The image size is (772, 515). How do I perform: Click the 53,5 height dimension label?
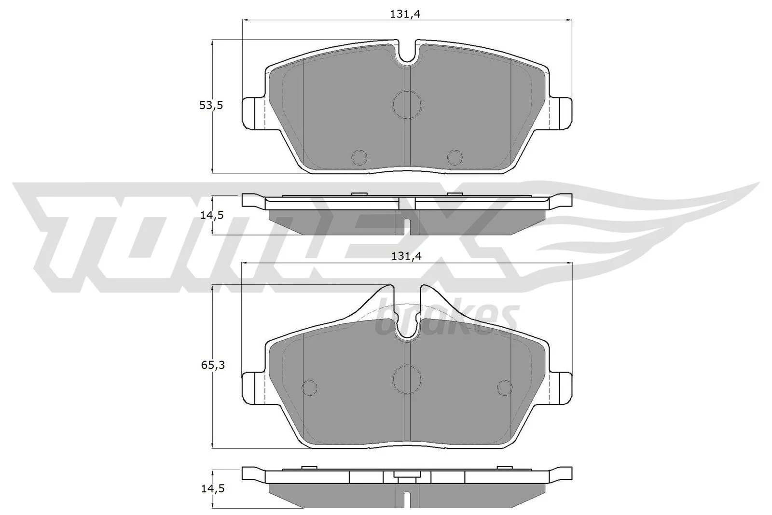211,105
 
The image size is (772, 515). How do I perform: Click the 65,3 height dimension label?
213,365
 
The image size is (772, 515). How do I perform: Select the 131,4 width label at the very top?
405,14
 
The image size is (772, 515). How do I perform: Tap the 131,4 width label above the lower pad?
407,256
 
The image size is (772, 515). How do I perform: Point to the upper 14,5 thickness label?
212,215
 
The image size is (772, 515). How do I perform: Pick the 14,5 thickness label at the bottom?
213,488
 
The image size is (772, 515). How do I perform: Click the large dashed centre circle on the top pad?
407,105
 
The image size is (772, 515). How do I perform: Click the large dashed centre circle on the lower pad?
407,379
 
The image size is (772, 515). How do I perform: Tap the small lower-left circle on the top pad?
359,158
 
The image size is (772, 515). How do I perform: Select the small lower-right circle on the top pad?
455,158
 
